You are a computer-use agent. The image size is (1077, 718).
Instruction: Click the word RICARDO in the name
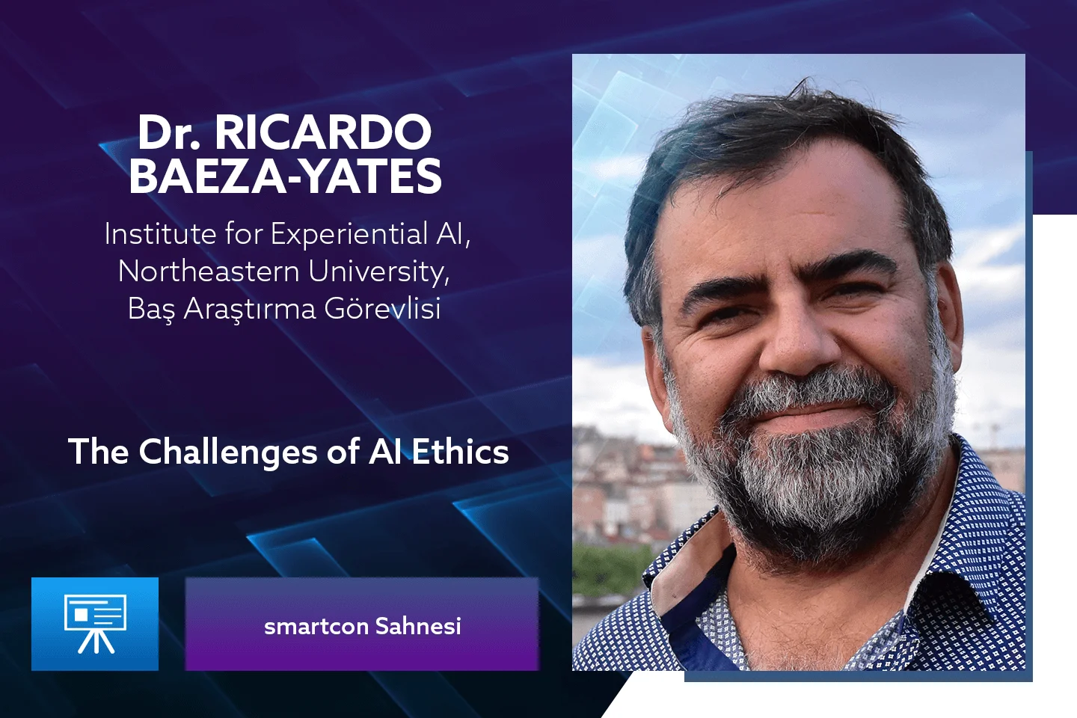(x=322, y=132)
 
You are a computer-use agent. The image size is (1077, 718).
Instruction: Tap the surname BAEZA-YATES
(x=285, y=177)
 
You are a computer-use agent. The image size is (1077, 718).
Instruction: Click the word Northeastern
(x=209, y=271)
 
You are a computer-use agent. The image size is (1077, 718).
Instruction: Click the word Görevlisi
(x=383, y=309)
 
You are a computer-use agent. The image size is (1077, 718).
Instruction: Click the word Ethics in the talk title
(x=460, y=452)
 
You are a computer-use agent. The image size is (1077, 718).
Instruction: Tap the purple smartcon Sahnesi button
(x=362, y=624)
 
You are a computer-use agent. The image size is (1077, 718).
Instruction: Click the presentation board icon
(x=95, y=624)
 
